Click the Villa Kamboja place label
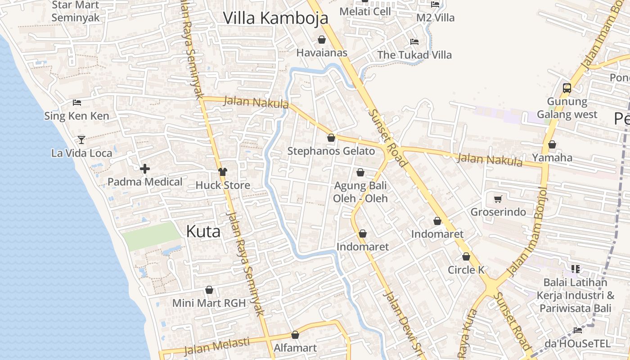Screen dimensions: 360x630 (275, 18)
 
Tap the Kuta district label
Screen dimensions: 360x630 (203, 231)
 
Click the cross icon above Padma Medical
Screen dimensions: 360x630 (145, 169)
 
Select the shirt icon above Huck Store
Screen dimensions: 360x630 (223, 171)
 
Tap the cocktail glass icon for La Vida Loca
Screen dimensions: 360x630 (81, 139)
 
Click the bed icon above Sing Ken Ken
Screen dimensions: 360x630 (77, 103)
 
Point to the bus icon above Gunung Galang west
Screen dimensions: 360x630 (567, 88)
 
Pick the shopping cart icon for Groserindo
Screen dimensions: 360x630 (498, 199)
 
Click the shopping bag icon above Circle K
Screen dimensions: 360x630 (466, 257)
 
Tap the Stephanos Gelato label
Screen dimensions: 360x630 (331, 151)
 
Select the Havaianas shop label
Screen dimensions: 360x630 (322, 53)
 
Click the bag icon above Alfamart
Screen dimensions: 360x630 (295, 335)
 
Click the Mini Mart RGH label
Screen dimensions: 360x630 (209, 303)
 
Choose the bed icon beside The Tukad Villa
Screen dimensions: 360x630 (414, 42)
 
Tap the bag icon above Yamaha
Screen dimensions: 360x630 (552, 145)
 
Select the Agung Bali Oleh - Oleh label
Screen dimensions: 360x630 (360, 192)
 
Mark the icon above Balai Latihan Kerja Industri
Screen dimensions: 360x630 (576, 269)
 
